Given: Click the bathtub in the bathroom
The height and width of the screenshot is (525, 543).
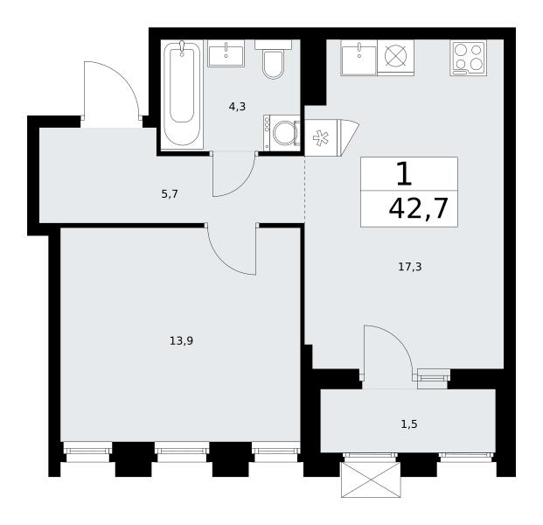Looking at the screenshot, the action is (x=183, y=94).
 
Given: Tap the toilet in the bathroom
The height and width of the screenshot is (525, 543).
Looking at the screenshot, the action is (x=273, y=59).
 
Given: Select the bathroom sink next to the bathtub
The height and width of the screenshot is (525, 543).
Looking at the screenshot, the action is (x=226, y=53).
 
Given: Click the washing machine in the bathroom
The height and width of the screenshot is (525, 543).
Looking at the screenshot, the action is (x=282, y=133).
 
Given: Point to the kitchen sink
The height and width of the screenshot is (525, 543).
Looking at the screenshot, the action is (x=359, y=58).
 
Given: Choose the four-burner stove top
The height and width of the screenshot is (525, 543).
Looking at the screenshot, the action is (x=469, y=58).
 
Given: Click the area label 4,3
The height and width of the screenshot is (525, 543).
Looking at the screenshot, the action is (x=237, y=107).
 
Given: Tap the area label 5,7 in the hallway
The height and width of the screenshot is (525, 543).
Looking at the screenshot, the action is (x=170, y=194).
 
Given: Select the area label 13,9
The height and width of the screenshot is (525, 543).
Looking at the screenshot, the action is (x=181, y=341).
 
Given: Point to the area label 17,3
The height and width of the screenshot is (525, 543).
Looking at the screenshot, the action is (x=410, y=267).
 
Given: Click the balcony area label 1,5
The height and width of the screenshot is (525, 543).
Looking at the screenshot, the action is (x=409, y=424).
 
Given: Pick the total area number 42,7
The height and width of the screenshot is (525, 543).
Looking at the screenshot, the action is (x=419, y=208).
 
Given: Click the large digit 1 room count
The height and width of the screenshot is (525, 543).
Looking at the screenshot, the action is (x=404, y=174).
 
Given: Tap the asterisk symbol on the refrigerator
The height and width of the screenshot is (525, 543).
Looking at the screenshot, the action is (x=321, y=138).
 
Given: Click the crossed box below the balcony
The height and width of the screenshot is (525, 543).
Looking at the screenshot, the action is (x=371, y=479).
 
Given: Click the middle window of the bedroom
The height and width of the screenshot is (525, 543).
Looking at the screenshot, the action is (x=182, y=451).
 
